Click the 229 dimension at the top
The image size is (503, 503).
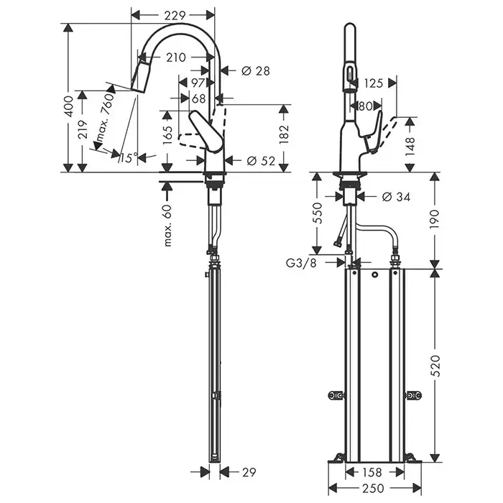click(175, 15)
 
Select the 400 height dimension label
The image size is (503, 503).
click(69, 106)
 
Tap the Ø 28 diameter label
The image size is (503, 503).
click(255, 71)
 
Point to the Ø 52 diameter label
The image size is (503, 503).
click(261, 161)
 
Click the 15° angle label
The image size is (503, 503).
click(129, 158)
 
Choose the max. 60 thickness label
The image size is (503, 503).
click(167, 225)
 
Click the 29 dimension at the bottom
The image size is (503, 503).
click(248, 472)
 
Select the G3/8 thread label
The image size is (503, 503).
click(301, 263)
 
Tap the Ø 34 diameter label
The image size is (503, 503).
click(396, 197)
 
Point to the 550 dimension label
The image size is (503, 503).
click(318, 213)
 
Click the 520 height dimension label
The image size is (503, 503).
click(435, 366)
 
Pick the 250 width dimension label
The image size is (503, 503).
click(374, 488)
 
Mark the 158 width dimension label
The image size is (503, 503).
click(372, 472)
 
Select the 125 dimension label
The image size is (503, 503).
click(374, 83)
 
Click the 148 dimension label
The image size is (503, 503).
click(410, 147)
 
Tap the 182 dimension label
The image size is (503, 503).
click(284, 134)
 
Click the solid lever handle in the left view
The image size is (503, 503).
click(206, 131)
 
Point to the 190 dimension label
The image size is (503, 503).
click(435, 219)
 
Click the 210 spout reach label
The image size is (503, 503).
click(176, 57)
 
